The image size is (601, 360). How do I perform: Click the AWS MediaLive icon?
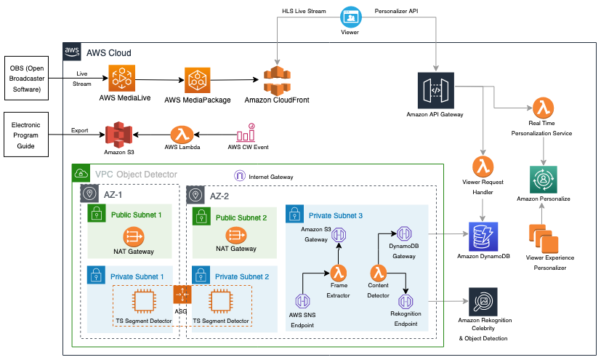(122, 79)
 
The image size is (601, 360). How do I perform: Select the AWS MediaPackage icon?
(198, 81)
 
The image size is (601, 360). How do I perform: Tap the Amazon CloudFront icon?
(277, 81)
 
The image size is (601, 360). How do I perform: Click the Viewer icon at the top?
(351, 17)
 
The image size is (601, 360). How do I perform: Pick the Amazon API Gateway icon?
(436, 90)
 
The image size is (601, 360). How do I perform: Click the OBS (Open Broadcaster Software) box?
(26, 79)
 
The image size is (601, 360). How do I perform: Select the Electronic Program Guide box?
(26, 135)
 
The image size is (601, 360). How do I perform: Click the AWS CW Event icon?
(246, 132)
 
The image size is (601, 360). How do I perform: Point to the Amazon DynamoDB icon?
(483, 236)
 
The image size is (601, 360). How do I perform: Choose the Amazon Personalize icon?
(543, 180)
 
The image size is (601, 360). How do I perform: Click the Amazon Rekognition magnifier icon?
(483, 302)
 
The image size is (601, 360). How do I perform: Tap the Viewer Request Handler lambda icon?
(483, 167)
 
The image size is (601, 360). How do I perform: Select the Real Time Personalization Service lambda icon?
(543, 108)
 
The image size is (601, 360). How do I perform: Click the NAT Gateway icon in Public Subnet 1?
(134, 236)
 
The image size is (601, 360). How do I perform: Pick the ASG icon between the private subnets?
(182, 295)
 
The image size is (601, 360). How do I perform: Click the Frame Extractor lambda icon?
(339, 273)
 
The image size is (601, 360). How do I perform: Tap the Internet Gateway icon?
(240, 175)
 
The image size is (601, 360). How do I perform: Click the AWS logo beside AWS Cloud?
(72, 52)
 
